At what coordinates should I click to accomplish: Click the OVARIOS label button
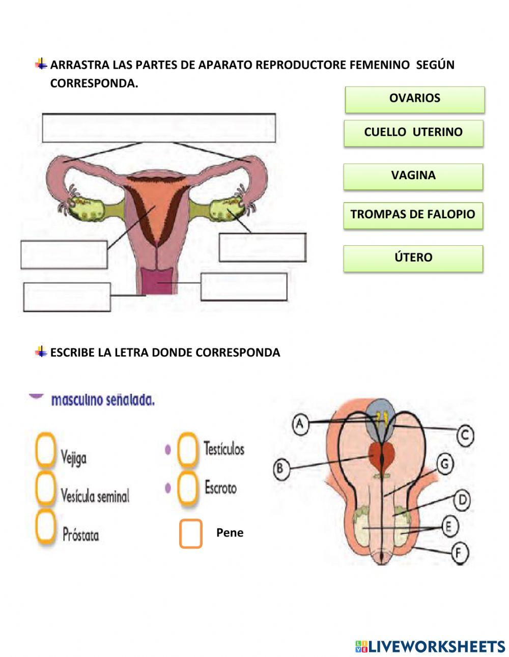click(414, 99)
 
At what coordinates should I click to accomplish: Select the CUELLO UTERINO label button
click(413, 133)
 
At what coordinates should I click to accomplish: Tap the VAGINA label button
click(413, 176)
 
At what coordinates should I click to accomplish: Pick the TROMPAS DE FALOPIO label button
click(413, 215)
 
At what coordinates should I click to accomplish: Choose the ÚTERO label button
click(413, 258)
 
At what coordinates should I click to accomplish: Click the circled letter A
click(300, 423)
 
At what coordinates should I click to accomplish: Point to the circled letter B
click(280, 468)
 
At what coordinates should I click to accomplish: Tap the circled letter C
click(464, 435)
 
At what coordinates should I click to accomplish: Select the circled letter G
click(445, 464)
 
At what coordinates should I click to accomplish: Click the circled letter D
click(462, 500)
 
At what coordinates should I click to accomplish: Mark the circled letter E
click(448, 526)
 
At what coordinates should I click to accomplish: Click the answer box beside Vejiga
click(45, 449)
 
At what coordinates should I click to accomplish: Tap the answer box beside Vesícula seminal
click(45, 489)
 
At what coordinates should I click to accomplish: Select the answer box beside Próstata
click(45, 527)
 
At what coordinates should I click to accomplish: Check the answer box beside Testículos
click(187, 449)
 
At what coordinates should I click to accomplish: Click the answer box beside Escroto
click(187, 488)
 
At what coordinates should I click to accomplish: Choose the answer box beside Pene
click(191, 533)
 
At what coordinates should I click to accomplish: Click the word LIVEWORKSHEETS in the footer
click(436, 646)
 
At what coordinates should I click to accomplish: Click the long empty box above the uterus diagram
click(159, 128)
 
